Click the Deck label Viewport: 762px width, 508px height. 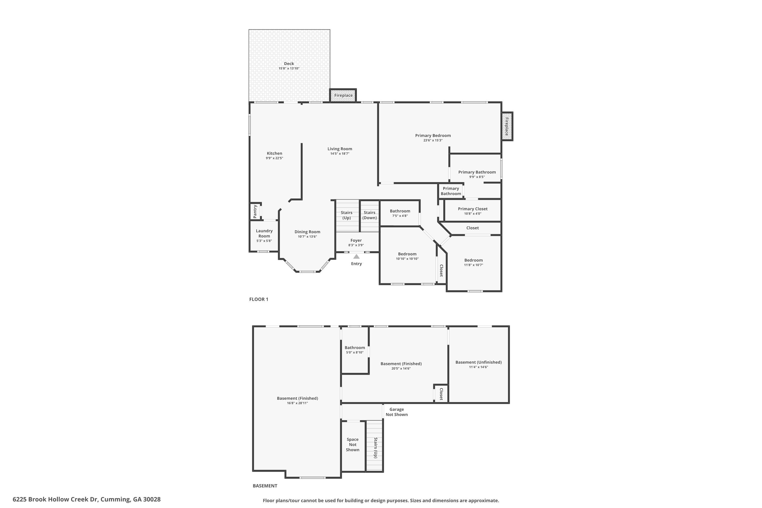(289, 64)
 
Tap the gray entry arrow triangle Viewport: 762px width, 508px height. (356, 257)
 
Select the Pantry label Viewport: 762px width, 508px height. (255, 211)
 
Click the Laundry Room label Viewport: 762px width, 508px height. (264, 233)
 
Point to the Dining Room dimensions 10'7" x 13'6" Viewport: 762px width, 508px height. (307, 236)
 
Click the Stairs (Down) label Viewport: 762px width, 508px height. (369, 215)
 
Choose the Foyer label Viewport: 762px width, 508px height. (356, 240)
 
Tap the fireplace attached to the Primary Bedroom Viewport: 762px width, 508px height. (507, 126)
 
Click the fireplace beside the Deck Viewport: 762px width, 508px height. (343, 95)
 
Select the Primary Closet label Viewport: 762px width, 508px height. (473, 209)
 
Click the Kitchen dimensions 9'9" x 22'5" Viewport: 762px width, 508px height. (274, 158)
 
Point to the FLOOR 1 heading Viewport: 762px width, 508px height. (259, 299)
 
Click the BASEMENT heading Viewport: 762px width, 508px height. (265, 486)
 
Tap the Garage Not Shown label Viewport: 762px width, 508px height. (396, 412)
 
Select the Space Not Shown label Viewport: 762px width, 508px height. (353, 444)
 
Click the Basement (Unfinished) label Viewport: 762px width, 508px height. (479, 362)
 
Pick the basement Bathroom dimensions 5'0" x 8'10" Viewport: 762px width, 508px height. (355, 353)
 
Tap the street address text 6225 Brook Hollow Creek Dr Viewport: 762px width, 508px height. (55, 499)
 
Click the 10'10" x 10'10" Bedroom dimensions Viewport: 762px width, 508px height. (407, 259)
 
